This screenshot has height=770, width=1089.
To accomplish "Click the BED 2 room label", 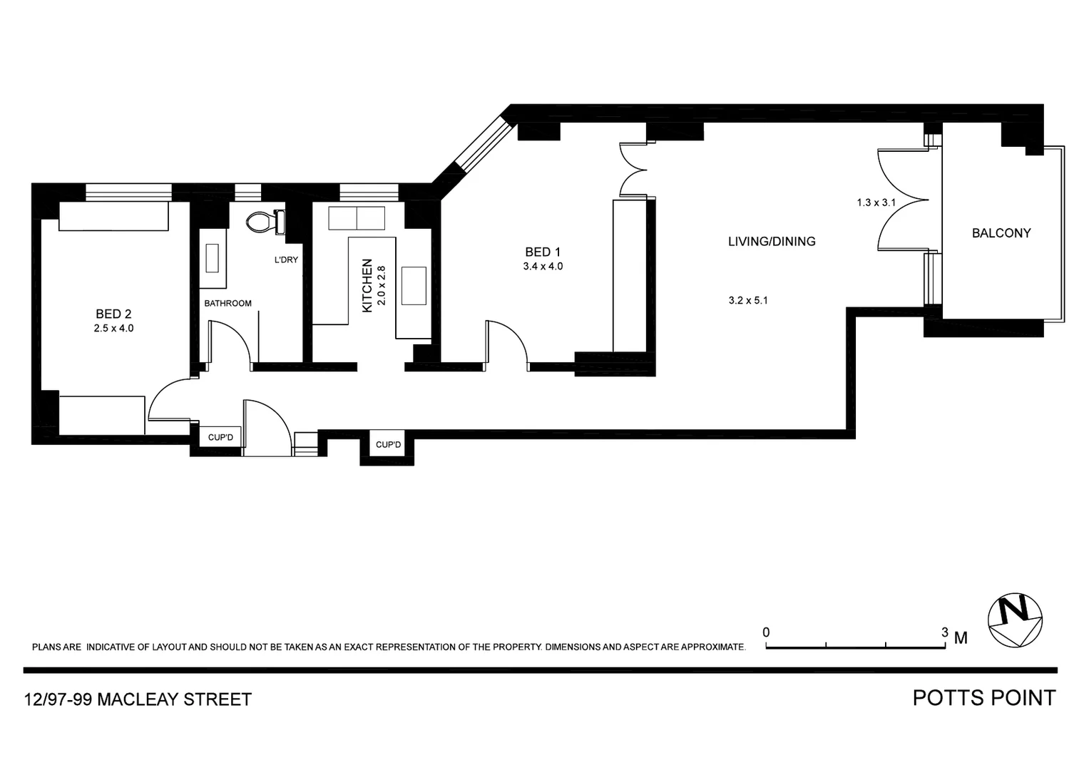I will coord(113,314).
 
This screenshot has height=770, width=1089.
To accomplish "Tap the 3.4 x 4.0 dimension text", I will coord(543,267).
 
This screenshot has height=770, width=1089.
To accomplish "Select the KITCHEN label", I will coord(367,285).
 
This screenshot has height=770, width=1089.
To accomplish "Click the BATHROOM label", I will coord(227,303).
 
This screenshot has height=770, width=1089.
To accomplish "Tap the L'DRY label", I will coord(286,260).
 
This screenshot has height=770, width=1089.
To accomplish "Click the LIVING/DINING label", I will coord(771,242).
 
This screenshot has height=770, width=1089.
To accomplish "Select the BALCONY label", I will coord(1001,233).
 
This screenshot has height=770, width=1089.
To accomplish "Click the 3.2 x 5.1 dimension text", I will coord(747,300).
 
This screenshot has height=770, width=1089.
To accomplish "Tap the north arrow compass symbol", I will coord(1014,620).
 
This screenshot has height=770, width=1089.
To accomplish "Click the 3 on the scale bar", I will coord(945,632).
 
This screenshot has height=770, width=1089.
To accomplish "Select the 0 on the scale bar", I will coord(766,632).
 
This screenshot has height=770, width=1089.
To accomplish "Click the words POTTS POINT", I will coord(983,698).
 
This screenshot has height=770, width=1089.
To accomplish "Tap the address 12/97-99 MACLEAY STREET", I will coord(138,699).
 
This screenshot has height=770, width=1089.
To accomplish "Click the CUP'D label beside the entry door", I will coord(220,437).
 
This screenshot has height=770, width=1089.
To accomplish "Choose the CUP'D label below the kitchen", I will coord(388,445).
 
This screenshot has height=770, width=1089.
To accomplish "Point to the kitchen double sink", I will coord(356,218).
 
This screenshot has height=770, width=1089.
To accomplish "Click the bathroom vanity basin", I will coord(213,257).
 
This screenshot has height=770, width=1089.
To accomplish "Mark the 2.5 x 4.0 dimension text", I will coord(113,329).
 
